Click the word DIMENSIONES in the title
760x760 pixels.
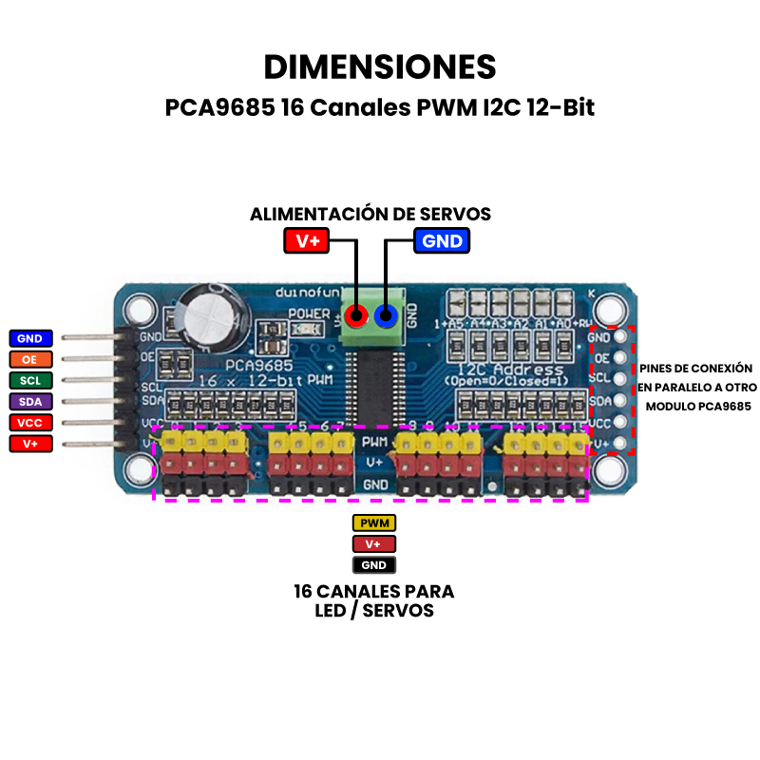point(380,67)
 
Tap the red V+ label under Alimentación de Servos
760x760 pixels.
point(306,240)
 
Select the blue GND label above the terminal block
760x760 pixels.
point(442,240)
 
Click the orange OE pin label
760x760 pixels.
point(30,359)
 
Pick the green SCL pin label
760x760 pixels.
point(30,380)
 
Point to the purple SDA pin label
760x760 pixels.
point(30,401)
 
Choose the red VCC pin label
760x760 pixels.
point(30,422)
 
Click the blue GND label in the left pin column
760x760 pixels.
point(30,337)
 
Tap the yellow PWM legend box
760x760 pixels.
point(373,523)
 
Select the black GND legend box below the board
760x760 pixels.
point(373,565)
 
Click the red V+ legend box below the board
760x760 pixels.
point(373,544)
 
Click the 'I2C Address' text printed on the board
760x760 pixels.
point(497,369)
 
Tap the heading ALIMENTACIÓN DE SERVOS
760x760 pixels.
point(370,214)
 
